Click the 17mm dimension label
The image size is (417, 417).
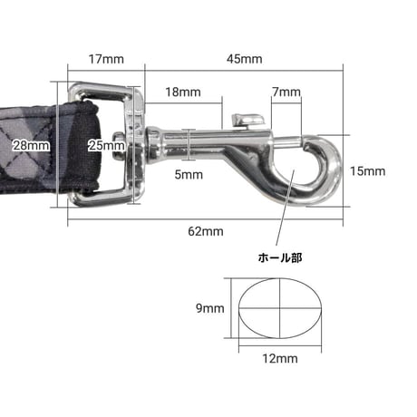(106, 59)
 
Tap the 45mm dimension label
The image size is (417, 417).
(245, 59)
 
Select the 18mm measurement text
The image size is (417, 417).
(183, 92)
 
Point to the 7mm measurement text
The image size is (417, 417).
(286, 92)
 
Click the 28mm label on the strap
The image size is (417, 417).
(31, 146)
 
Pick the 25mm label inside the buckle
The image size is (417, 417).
(106, 146)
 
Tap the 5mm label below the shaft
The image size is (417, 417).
(189, 175)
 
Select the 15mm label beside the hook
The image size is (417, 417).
(368, 171)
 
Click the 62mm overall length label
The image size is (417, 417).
(206, 231)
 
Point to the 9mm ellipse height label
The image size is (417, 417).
(210, 308)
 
